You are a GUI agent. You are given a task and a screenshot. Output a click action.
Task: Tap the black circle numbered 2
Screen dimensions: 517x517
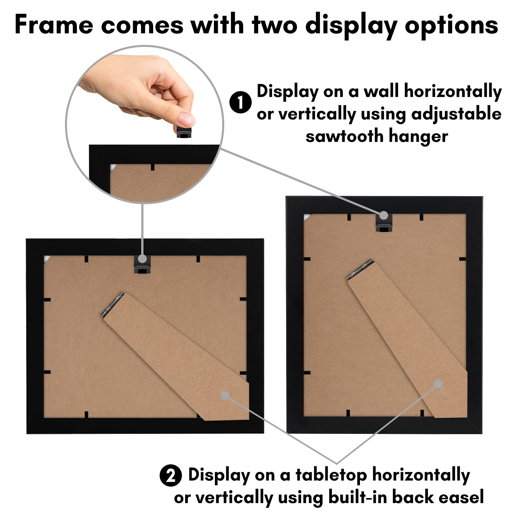[x=171, y=475]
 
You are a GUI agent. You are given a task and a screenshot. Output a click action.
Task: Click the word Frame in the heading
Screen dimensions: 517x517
[x=54, y=25]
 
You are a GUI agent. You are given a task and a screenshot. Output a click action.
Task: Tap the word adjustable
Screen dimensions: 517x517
[x=456, y=114]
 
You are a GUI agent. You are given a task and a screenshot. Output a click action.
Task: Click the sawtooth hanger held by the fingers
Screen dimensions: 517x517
[x=184, y=132]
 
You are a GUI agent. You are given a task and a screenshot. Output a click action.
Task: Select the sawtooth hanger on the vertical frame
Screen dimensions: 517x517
[x=384, y=224]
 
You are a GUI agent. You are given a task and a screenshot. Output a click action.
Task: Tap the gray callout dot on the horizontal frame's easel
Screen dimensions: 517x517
[x=225, y=395]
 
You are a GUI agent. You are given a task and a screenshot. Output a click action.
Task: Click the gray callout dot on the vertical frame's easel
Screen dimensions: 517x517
[x=438, y=384]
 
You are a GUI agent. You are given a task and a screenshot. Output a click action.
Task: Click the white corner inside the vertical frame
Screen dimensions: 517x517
[x=307, y=216]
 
